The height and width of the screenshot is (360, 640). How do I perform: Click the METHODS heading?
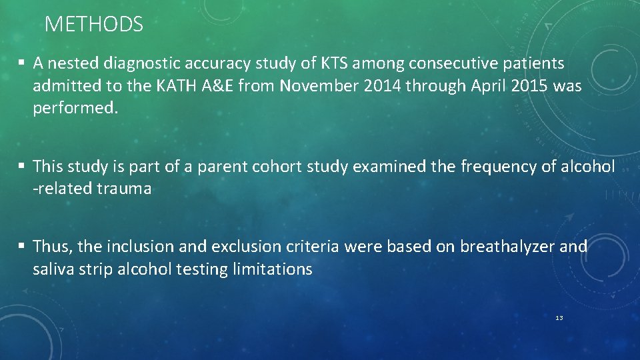click(x=93, y=25)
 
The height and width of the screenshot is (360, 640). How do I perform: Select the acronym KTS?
click(x=334, y=64)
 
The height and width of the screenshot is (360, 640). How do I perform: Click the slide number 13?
click(x=559, y=318)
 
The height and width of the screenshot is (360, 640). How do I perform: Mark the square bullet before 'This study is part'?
click(x=22, y=165)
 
